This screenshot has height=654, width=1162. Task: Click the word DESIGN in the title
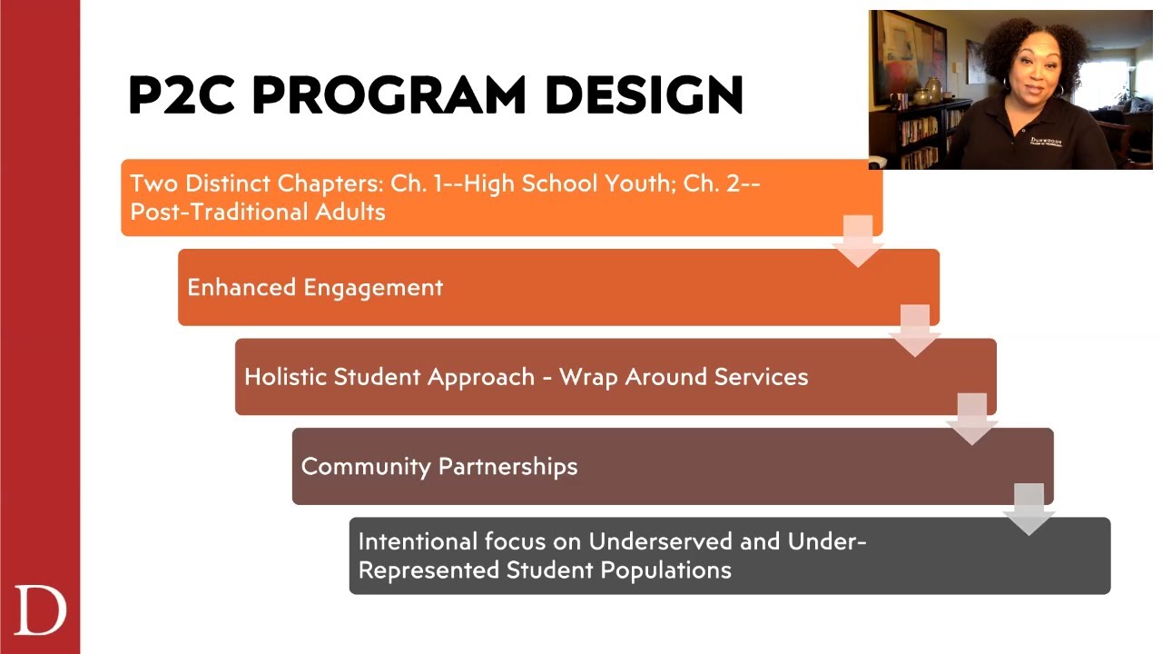pos(645,94)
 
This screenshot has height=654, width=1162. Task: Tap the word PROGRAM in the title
pos(389,94)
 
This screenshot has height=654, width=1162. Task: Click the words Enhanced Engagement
pos(315,287)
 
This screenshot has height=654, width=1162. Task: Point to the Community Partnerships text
pos(439,466)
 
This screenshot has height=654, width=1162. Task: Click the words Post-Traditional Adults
pos(258,212)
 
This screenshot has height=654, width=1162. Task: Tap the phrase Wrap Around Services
pos(684,377)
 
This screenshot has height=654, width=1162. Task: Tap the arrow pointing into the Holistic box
pos(914,330)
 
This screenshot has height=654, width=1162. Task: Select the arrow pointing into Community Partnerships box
pos(971,419)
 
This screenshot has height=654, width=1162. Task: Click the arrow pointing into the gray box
pos(1029,509)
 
